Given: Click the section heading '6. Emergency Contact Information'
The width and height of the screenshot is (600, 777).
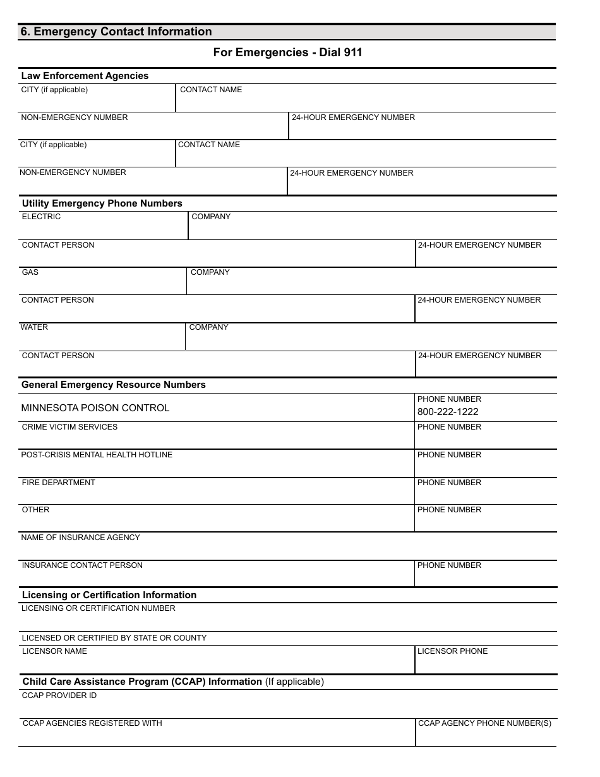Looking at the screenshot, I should (116, 32).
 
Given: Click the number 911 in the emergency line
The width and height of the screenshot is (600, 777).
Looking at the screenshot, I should (353, 53).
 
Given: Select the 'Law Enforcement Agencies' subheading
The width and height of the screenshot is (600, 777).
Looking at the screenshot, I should (85, 76).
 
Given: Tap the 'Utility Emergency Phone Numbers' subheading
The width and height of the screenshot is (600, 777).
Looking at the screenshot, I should (102, 203).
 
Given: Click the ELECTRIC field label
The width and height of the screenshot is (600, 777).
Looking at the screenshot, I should (41, 217).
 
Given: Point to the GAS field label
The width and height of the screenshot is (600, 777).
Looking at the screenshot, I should (30, 272).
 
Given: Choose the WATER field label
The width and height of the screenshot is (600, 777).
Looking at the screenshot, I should (34, 327).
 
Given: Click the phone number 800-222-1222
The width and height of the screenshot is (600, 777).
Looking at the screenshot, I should (448, 412).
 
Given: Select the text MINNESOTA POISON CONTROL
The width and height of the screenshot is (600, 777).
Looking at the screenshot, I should (95, 408).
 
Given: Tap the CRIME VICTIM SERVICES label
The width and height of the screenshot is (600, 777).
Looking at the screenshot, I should (69, 427).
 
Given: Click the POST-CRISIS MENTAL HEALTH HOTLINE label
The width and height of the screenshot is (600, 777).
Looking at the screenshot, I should (97, 455).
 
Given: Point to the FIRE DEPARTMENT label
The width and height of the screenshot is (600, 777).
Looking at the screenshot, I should (58, 483).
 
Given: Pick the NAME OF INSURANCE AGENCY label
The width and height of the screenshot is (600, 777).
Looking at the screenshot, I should (80, 538).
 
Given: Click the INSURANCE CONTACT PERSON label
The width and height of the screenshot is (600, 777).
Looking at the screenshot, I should (82, 565).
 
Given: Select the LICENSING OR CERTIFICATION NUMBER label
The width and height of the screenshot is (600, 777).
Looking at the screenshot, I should (99, 608).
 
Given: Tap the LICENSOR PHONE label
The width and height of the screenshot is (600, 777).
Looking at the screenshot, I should (452, 651).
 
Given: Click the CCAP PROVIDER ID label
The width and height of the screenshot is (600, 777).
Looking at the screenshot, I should (59, 696).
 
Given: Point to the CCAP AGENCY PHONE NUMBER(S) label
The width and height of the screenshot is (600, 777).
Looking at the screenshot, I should (484, 723).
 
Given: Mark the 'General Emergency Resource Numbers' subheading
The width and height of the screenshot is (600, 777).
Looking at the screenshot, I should (114, 385).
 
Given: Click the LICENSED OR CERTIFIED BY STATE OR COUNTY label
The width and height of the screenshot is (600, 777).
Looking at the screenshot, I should (114, 638).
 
